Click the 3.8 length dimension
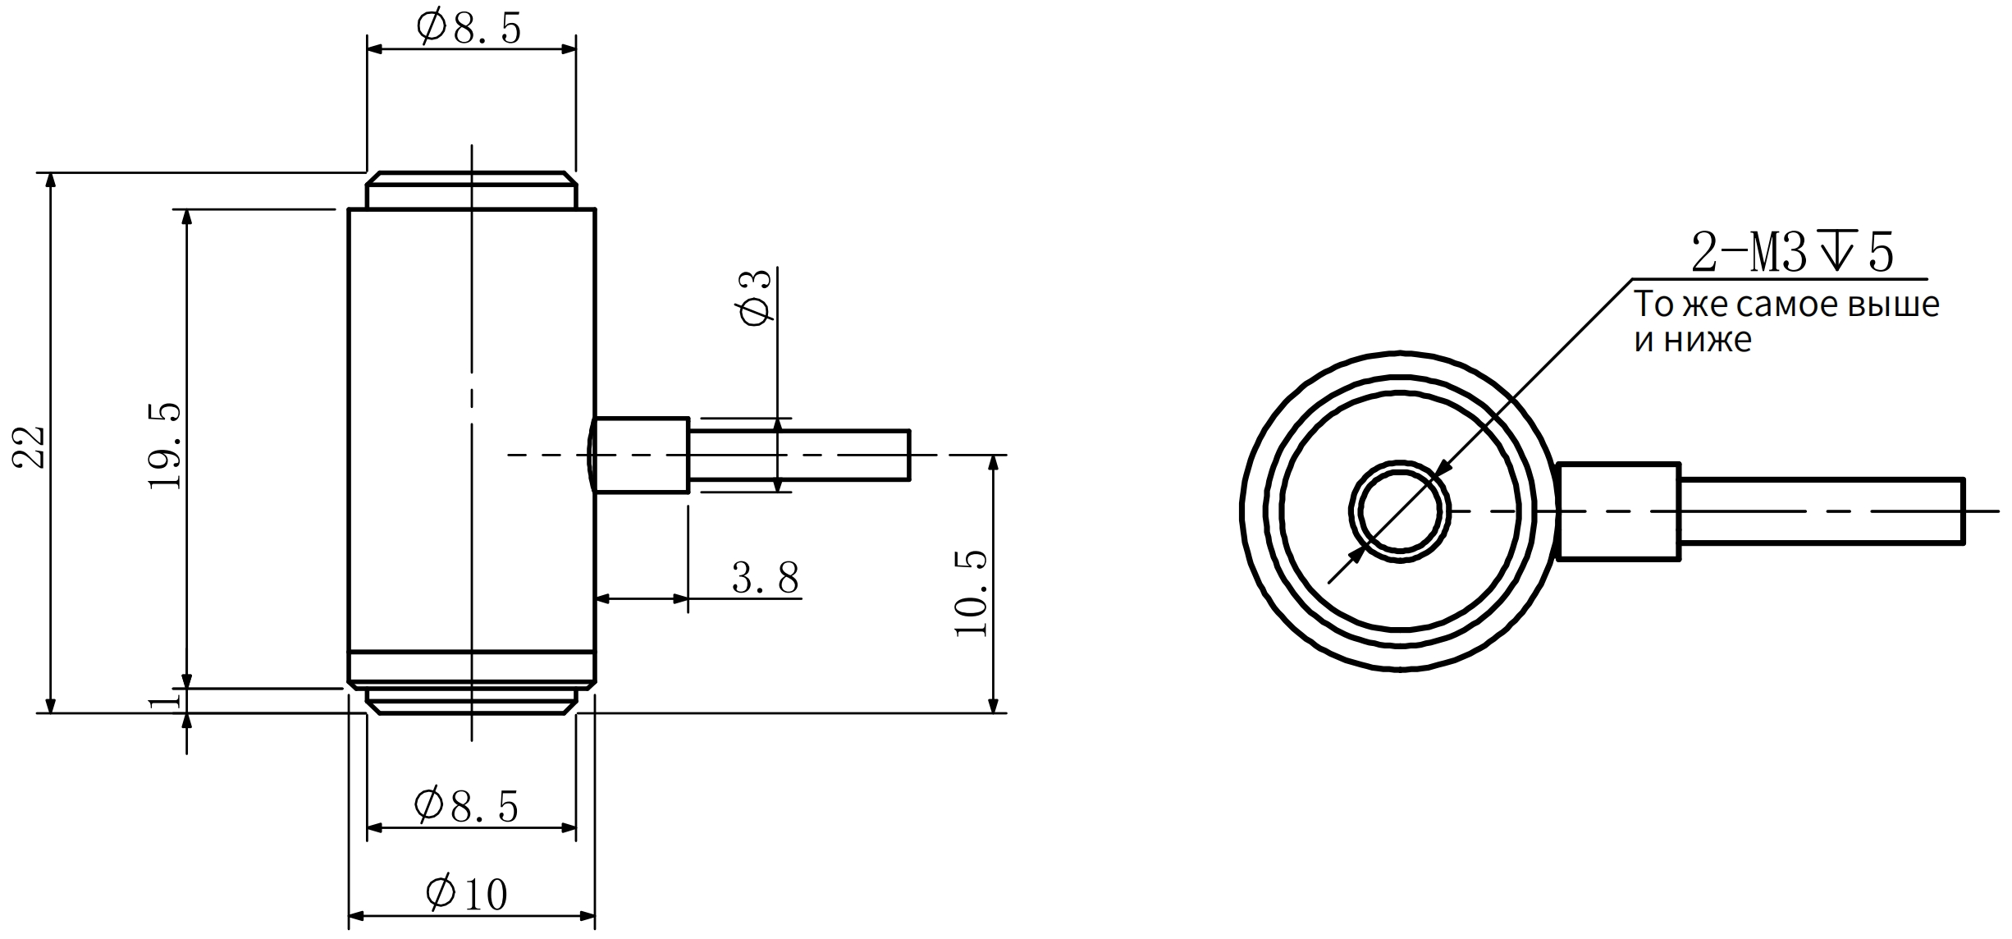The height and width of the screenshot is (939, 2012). coord(765,579)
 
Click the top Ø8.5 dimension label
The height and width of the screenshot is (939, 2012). coord(469,29)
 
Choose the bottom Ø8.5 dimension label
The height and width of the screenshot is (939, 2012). coord(466,806)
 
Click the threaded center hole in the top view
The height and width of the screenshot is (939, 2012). coord(1400,511)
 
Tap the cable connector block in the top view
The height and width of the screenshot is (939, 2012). coord(1618,511)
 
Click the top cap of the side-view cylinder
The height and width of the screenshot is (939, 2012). coord(471,190)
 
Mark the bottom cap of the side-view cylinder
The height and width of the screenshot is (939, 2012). coord(471,700)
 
